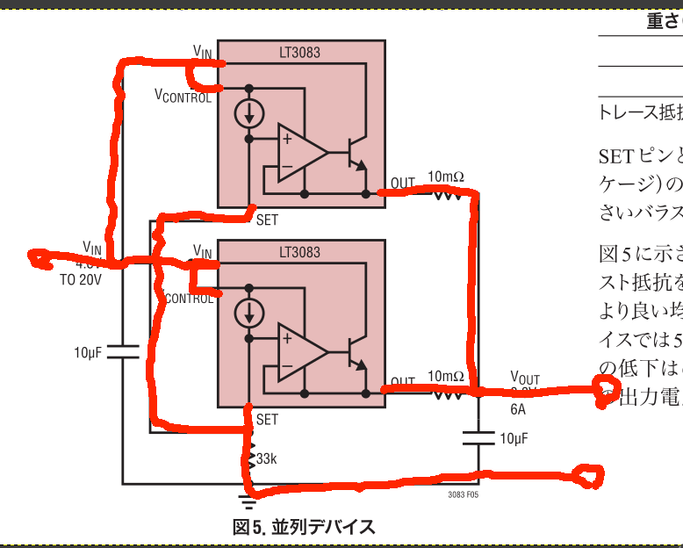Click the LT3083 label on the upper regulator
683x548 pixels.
299,53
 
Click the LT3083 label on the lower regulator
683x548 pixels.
299,253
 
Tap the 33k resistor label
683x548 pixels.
268,459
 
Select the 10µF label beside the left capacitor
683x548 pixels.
89,353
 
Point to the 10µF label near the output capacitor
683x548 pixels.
514,463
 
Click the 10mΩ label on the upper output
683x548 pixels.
446,177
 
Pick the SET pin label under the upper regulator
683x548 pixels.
267,220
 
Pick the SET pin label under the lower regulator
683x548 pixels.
267,421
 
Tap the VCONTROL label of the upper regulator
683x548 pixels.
183,96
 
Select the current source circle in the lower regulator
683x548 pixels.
249,314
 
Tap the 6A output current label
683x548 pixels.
519,408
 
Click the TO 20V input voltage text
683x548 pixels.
81,281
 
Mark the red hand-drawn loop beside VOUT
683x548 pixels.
605,387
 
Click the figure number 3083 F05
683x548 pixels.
463,495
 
